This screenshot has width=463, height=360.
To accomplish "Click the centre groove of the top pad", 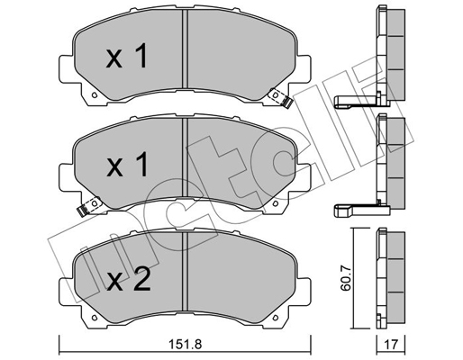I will click(184, 54).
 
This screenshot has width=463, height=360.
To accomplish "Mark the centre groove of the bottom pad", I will click(184, 274).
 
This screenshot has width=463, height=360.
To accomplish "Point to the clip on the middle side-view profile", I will click(356, 212).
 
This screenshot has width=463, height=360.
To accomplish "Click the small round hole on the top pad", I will click(91, 94).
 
